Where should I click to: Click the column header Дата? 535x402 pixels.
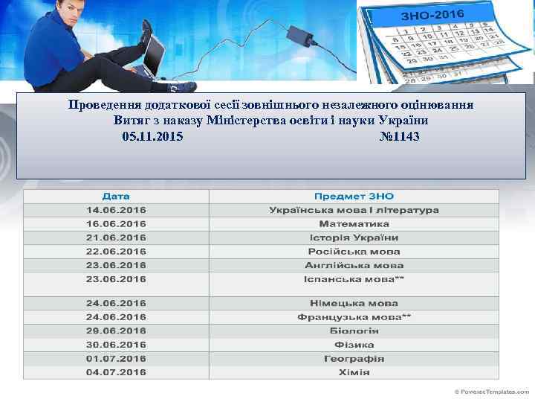coord(116,196)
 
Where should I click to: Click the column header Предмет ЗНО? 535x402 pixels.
coord(354,196)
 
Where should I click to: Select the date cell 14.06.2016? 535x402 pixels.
coord(116,210)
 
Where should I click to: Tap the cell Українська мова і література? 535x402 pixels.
coord(354,210)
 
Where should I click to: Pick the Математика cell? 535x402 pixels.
coord(354,223)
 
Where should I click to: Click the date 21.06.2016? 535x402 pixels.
coord(116,237)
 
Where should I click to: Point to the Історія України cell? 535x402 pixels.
coord(354,237)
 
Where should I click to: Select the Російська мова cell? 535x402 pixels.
coord(354,251)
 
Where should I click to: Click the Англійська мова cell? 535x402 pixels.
coord(354,265)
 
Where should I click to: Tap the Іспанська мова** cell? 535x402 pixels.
coord(354,279)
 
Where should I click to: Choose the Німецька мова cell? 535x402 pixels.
coord(354,303)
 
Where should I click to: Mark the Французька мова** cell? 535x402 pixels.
coord(354,316)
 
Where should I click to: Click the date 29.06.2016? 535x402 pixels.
coord(116,331)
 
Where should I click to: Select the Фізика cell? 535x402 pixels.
coord(354,345)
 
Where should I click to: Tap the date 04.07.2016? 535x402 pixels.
coord(116,371)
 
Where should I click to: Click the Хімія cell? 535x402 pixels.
coord(354,371)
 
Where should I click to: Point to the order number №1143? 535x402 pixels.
coord(399,137)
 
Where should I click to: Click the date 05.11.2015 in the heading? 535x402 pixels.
coord(152,137)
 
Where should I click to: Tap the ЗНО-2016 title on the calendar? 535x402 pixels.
coord(432,14)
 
